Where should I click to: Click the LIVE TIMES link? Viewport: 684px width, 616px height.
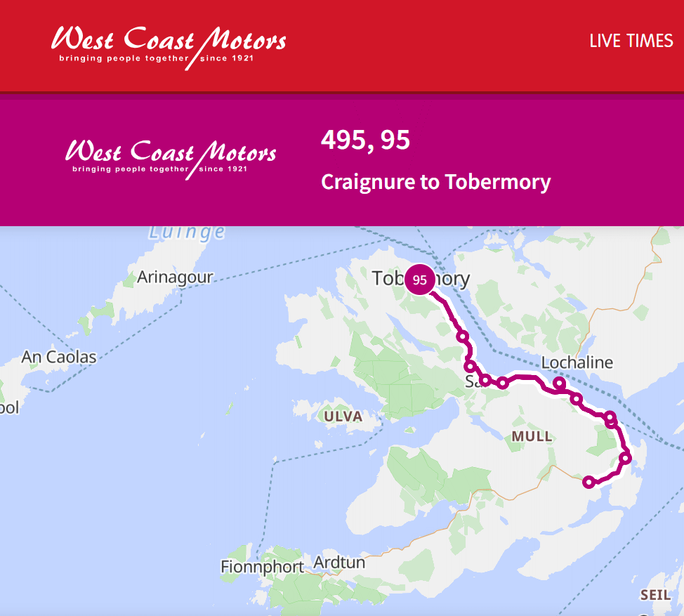pyautogui.click(x=631, y=41)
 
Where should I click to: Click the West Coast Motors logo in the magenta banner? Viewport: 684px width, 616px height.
pyautogui.click(x=171, y=156)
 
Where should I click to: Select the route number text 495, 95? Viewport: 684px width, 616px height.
pyautogui.click(x=365, y=140)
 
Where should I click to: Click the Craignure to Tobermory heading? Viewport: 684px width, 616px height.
pyautogui.click(x=435, y=182)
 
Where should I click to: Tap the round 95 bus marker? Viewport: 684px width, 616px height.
pyautogui.click(x=420, y=280)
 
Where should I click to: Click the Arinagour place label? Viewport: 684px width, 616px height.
pyautogui.click(x=175, y=277)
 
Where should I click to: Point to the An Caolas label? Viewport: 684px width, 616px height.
pyautogui.click(x=59, y=357)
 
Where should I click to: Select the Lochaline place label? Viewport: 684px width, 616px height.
pyautogui.click(x=577, y=362)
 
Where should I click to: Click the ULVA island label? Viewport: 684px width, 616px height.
pyautogui.click(x=343, y=417)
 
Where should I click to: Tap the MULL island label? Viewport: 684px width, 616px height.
pyautogui.click(x=532, y=437)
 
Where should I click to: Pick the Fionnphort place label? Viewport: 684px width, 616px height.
pyautogui.click(x=262, y=566)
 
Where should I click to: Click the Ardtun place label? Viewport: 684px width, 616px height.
pyautogui.click(x=339, y=563)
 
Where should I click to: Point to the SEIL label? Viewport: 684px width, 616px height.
pyautogui.click(x=655, y=595)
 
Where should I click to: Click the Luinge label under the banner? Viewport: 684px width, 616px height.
pyautogui.click(x=188, y=232)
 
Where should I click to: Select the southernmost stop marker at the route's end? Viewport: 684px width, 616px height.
pyautogui.click(x=589, y=482)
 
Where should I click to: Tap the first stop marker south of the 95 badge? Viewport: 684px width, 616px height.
pyautogui.click(x=462, y=336)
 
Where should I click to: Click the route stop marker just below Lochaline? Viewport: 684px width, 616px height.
pyautogui.click(x=559, y=383)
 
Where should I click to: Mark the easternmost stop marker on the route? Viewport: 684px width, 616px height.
pyautogui.click(x=626, y=459)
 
